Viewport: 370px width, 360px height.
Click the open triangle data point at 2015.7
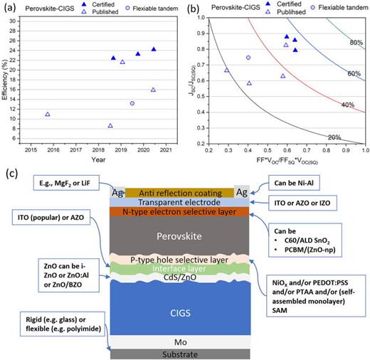pos(48,114)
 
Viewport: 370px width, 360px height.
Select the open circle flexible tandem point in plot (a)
pos(132,103)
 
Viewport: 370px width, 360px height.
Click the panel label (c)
pos(11,173)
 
